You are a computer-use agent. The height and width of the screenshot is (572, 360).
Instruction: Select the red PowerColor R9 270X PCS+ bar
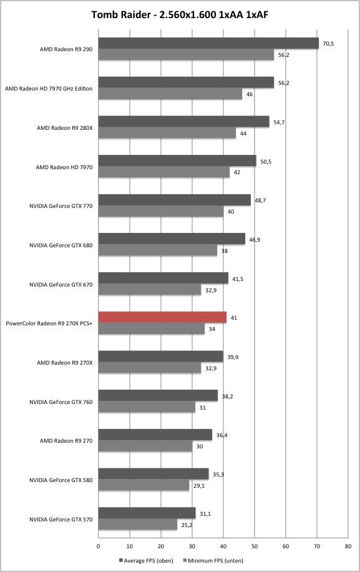pyautogui.click(x=162, y=317)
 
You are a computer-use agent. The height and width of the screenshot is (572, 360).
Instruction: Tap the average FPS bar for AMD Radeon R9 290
pyautogui.click(x=208, y=44)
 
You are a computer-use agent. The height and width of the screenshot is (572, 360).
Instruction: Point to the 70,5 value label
pyautogui.click(x=328, y=44)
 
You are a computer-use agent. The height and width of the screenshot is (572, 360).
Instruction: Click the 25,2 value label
pyautogui.click(x=187, y=525)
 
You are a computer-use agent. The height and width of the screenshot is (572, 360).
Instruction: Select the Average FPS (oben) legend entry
pyautogui.click(x=146, y=560)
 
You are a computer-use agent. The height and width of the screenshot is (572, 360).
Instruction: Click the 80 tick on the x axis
pyautogui.click(x=348, y=546)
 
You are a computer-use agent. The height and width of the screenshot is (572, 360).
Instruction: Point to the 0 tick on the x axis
pyautogui.click(x=99, y=546)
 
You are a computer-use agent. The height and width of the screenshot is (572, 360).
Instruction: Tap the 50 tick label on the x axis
pyautogui.click(x=255, y=546)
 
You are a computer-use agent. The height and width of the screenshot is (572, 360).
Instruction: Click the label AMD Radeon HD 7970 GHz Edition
pyautogui.click(x=49, y=89)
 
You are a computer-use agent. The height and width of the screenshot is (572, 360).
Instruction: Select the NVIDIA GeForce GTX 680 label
pyautogui.click(x=61, y=245)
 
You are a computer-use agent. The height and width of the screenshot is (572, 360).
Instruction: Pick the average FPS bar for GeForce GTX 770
pyautogui.click(x=175, y=200)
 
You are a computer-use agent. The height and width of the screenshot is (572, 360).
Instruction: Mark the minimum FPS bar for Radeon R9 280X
pyautogui.click(x=167, y=133)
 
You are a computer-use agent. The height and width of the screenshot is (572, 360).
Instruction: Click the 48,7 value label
pyautogui.click(x=260, y=200)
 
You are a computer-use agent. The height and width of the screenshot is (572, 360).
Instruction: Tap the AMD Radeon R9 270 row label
pyautogui.click(x=66, y=441)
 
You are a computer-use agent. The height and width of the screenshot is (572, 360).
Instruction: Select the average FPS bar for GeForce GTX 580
pyautogui.click(x=153, y=474)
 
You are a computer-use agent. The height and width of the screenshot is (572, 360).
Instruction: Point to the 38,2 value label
pyautogui.click(x=227, y=397)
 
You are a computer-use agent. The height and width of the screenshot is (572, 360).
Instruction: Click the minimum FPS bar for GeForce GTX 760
pyautogui.click(x=147, y=407)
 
